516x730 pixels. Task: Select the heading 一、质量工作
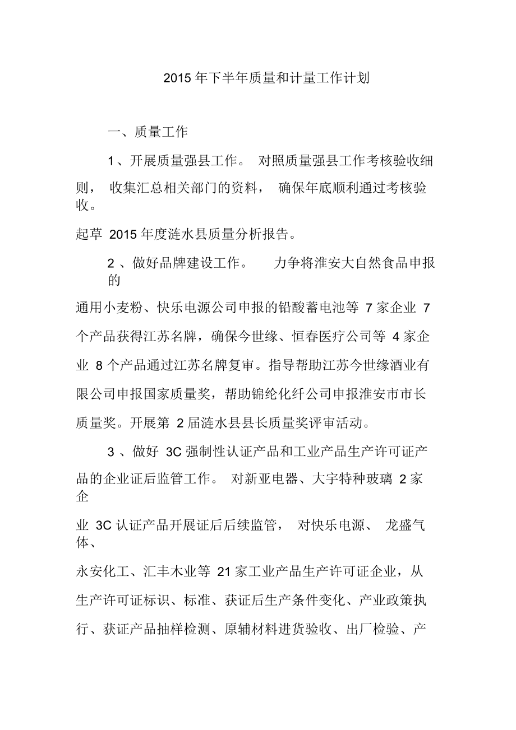148,132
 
